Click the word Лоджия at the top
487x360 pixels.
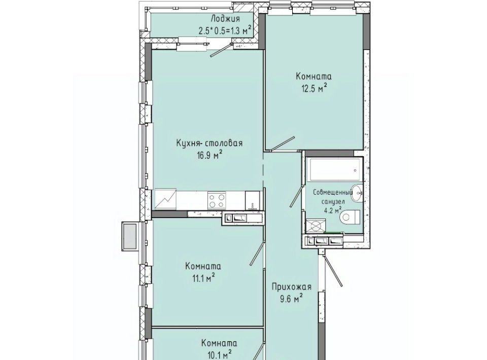(x=225, y=19)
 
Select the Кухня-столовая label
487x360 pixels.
(x=210, y=143)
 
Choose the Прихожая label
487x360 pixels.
(x=291, y=287)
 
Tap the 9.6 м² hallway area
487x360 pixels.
(x=290, y=299)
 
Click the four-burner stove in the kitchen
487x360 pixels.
(x=217, y=200)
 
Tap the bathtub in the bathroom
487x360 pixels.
(x=335, y=169)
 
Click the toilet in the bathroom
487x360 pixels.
(x=350, y=217)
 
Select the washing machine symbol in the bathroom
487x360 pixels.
(x=316, y=226)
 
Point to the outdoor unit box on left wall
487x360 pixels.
(x=131, y=236)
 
